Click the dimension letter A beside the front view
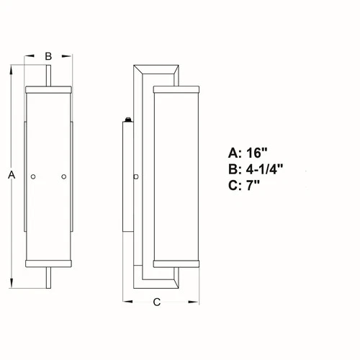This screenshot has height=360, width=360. tap(11, 175)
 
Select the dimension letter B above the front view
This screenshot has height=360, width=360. tap(48, 55)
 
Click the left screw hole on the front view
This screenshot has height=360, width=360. tap(33, 176)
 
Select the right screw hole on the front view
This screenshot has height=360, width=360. tap(64, 176)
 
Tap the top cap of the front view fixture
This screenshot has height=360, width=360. tap(48, 90)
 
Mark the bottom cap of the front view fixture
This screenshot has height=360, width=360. tap(48, 261)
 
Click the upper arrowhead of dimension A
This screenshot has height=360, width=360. tap(11, 71)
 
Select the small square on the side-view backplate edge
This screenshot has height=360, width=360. tap(136, 176)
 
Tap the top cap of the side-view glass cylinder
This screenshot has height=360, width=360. tap(174, 90)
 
